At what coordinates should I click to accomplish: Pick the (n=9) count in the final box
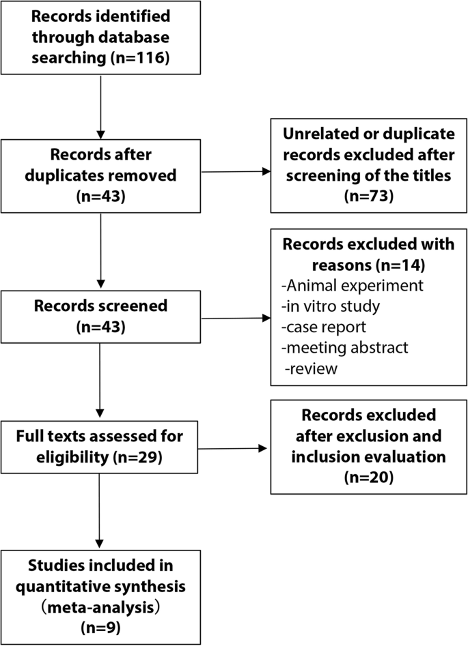click(x=100, y=625)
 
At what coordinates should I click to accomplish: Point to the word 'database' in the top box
click(x=137, y=37)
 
